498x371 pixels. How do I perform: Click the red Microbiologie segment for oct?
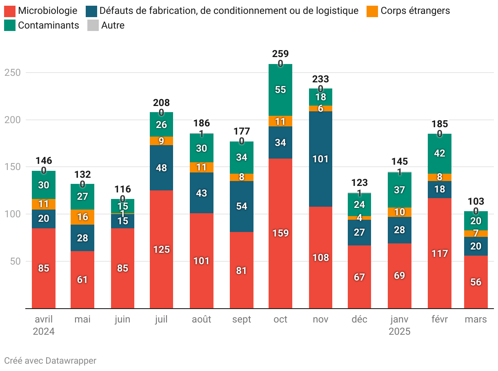[280, 233]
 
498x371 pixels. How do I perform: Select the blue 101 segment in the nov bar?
[320, 159]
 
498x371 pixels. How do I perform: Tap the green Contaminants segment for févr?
[440, 153]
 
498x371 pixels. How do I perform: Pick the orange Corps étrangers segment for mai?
[82, 217]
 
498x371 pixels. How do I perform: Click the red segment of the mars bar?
[476, 282]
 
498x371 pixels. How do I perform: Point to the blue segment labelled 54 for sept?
[242, 206]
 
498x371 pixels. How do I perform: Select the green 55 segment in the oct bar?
[280, 90]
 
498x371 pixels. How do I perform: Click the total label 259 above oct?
[280, 54]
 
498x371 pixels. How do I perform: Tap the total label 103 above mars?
[476, 201]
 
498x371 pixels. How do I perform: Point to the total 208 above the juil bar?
[162, 103]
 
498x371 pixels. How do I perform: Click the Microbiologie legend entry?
[41, 11]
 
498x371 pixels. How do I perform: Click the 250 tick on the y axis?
[12, 73]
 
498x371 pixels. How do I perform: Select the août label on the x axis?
[202, 319]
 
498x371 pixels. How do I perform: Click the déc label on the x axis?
[360, 319]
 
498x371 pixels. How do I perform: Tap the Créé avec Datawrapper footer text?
[50, 361]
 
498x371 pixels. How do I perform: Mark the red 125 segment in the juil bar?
[162, 250]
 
